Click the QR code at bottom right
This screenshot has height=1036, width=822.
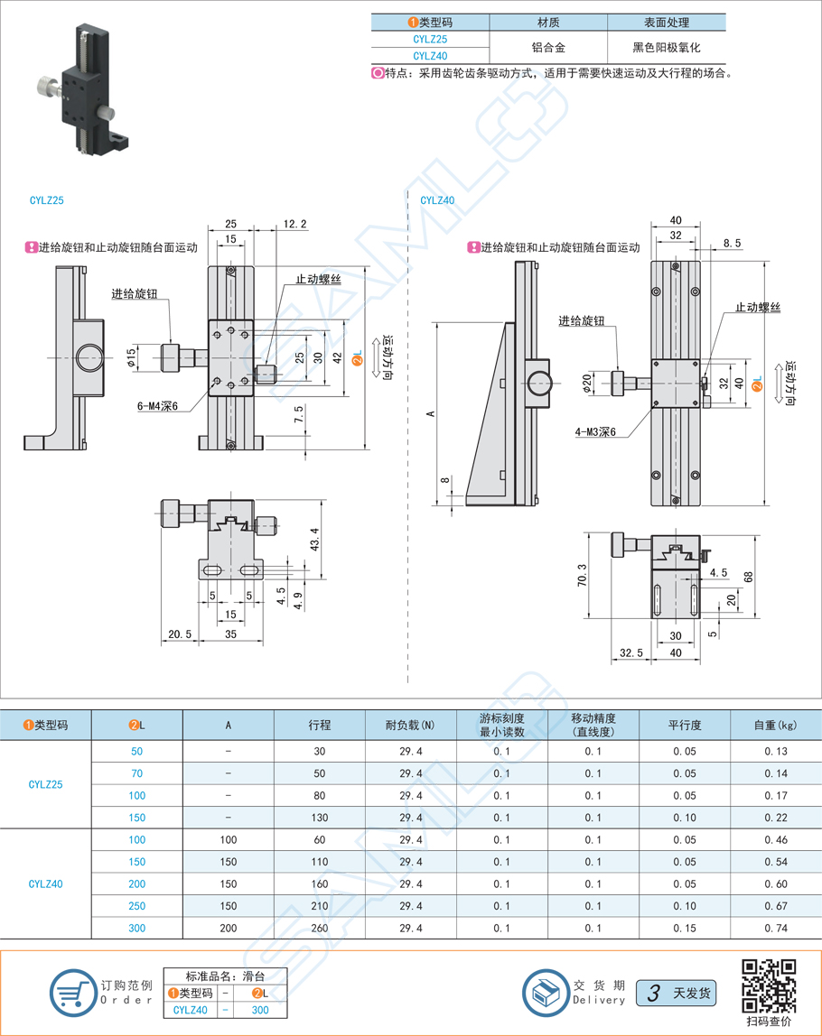click(769, 985)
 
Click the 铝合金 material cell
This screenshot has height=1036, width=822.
click(548, 47)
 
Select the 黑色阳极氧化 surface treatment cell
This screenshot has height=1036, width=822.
click(667, 47)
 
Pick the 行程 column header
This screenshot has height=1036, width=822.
click(320, 725)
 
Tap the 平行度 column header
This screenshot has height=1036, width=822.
click(685, 725)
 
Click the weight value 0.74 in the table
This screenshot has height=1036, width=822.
click(775, 928)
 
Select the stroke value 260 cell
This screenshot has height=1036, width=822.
click(320, 928)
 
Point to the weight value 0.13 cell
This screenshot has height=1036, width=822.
click(775, 751)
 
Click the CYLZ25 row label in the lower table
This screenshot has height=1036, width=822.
click(46, 784)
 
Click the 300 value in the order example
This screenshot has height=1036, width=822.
click(260, 1010)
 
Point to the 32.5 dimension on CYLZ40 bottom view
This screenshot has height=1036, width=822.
click(631, 652)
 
